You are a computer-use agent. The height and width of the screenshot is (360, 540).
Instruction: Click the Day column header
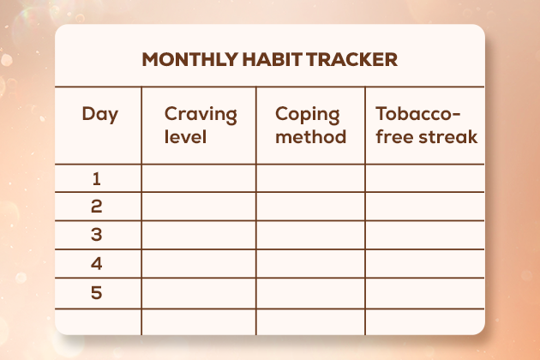(99, 114)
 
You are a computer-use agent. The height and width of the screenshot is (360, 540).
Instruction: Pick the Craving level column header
(200, 124)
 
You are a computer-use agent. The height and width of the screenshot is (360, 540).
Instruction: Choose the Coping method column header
(310, 124)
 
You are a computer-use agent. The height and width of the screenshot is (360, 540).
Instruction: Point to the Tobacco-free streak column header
(425, 124)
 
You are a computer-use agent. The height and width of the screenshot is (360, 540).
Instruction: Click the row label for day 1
(97, 178)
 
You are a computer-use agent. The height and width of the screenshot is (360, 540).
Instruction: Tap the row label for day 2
(97, 206)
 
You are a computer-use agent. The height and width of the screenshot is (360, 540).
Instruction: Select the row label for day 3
(97, 234)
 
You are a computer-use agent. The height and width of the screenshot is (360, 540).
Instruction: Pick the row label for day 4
(97, 263)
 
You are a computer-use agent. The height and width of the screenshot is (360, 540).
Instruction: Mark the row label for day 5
(97, 292)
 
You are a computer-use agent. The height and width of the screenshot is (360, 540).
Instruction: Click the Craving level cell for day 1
(199, 178)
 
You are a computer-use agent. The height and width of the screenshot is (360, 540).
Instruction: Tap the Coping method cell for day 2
(310, 206)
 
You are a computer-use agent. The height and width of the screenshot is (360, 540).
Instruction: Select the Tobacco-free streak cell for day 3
(425, 234)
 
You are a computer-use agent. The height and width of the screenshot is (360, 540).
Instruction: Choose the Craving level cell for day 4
(199, 263)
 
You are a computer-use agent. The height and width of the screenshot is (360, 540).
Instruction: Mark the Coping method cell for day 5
(310, 292)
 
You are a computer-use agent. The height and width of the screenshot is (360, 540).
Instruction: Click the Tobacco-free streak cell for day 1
(425, 178)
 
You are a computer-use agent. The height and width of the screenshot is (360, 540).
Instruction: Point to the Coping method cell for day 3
(310, 234)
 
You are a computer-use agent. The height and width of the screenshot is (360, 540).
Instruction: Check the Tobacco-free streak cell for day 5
(425, 292)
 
